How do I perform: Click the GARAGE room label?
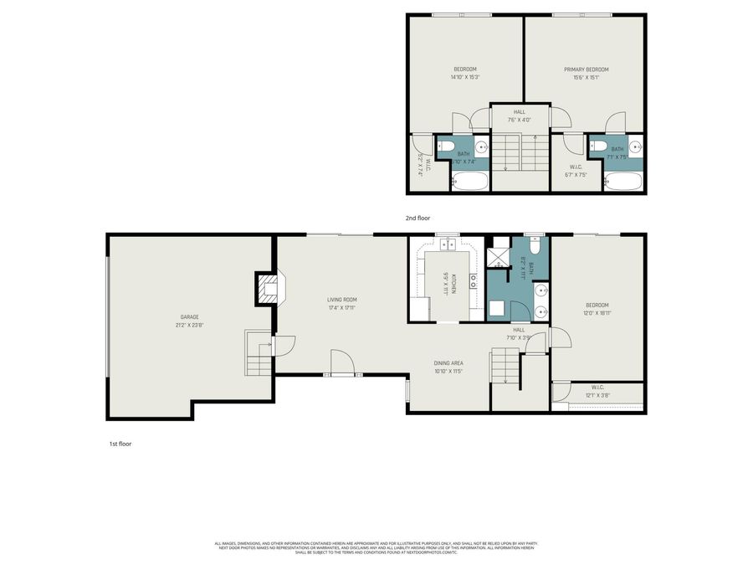pyautogui.click(x=189, y=317)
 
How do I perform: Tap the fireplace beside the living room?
pyautogui.click(x=269, y=290)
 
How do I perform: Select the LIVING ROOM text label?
pyautogui.click(x=342, y=299)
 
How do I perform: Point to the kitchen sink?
pyautogui.click(x=446, y=244)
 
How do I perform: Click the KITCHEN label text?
pyautogui.click(x=453, y=284)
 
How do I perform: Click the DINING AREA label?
pyautogui.click(x=448, y=362)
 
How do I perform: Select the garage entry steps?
pyautogui.click(x=258, y=354)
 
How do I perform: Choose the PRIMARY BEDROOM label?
pyautogui.click(x=586, y=69)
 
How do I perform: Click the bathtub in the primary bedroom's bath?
pyautogui.click(x=622, y=182)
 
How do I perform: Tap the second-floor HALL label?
pyautogui.click(x=520, y=111)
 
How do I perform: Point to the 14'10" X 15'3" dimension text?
pyautogui.click(x=465, y=77)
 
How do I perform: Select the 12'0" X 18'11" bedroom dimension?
pyautogui.click(x=597, y=312)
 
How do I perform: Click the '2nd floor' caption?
pyautogui.click(x=417, y=218)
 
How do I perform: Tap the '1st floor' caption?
pyautogui.click(x=120, y=444)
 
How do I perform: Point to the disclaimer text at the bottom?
pyautogui.click(x=376, y=547)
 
